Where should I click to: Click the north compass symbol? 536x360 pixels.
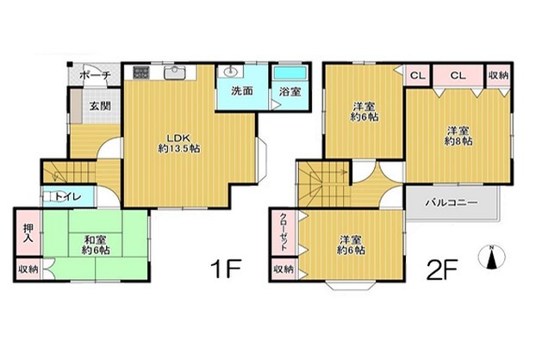pyautogui.click(x=491, y=257)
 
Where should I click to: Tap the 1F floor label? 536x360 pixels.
pyautogui.click(x=226, y=270)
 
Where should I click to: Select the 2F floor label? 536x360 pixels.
pyautogui.click(x=441, y=270)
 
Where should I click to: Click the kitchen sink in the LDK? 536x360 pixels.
pyautogui.click(x=174, y=72)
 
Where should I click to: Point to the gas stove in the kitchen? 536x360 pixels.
pyautogui.click(x=141, y=72)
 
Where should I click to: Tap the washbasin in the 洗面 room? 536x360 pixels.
pyautogui.click(x=230, y=71)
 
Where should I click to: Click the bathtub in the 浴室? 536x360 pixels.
pyautogui.click(x=290, y=73)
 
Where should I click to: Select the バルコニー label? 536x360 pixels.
pyautogui.click(x=452, y=203)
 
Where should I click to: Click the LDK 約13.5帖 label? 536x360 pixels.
pyautogui.click(x=178, y=144)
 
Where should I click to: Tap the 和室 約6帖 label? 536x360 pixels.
pyautogui.click(x=96, y=245)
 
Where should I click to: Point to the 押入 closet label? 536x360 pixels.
pyautogui.click(x=28, y=233)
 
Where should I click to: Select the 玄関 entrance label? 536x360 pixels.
pyautogui.click(x=100, y=106)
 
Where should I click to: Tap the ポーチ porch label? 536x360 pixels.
pyautogui.click(x=95, y=75)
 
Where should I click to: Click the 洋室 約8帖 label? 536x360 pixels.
pyautogui.click(x=458, y=136)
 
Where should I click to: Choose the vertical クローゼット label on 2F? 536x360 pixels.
pyautogui.click(x=284, y=233)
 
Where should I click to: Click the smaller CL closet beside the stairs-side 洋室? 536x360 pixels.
pyautogui.click(x=417, y=76)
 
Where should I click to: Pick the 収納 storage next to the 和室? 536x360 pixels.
pyautogui.click(x=28, y=270)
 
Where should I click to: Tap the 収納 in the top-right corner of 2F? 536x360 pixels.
pyautogui.click(x=498, y=76)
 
